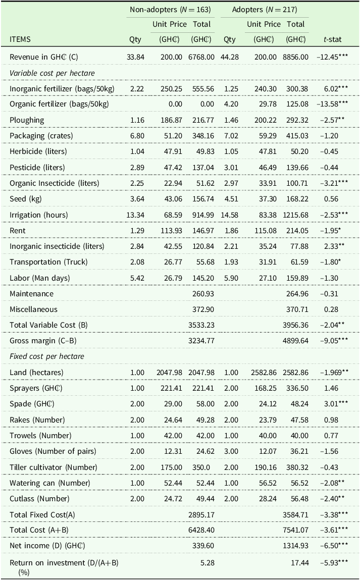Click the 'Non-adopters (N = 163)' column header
click(x=170, y=10)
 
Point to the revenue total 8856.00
click(x=295, y=57)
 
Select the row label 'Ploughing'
click(x=27, y=120)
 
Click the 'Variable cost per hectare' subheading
click(x=52, y=73)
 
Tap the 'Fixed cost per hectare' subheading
click(x=47, y=356)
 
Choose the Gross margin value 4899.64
click(x=295, y=341)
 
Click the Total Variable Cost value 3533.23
click(x=201, y=325)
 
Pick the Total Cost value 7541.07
click(x=295, y=530)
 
